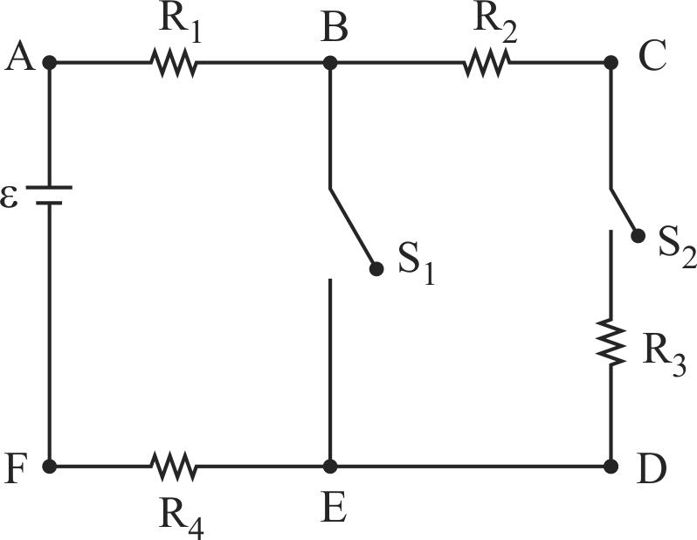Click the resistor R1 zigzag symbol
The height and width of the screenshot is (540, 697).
click(174, 63)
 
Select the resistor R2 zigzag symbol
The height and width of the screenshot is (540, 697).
click(486, 63)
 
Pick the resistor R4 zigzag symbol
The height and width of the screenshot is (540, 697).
click(174, 467)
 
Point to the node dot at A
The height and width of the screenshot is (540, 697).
click(50, 63)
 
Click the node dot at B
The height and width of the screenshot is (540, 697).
click(330, 63)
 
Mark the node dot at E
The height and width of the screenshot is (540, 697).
click(330, 467)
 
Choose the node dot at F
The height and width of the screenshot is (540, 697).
click(50, 467)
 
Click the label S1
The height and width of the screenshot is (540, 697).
click(416, 266)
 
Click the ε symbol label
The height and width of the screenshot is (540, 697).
click(10, 197)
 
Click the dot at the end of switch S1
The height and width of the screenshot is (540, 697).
click(376, 269)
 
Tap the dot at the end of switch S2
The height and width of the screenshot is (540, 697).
click(638, 236)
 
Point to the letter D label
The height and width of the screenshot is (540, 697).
click(652, 469)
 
